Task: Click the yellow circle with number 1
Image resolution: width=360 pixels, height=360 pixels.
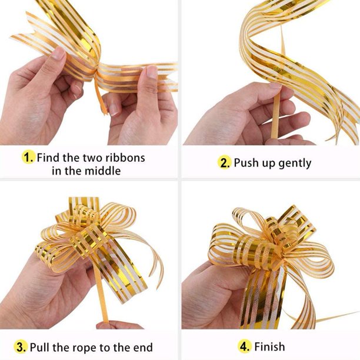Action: (28, 157)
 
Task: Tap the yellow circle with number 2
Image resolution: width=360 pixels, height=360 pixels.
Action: (224, 162)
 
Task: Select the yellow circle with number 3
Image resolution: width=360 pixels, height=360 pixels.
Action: (21, 346)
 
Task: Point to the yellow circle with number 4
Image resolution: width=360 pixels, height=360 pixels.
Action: (245, 346)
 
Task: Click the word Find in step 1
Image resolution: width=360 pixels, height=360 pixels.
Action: (48, 158)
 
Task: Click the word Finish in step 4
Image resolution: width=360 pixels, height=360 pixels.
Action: (270, 346)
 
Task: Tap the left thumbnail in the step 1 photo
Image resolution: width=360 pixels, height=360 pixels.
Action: (58, 54)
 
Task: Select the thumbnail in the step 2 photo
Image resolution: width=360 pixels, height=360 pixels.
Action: (275, 86)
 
